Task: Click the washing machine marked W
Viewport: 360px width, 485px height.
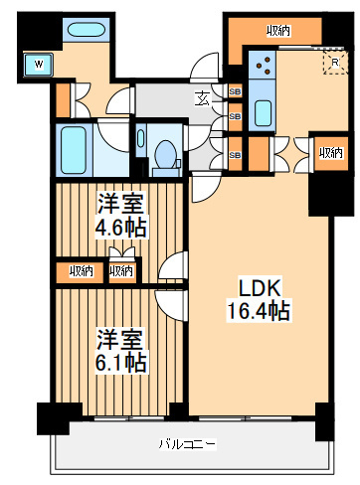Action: point(39,64)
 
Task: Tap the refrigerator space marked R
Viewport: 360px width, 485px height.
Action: point(335,62)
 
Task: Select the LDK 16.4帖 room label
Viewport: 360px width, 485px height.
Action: point(260,300)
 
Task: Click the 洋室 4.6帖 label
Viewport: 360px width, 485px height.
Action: point(120,216)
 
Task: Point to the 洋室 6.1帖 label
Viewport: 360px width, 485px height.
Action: point(120,351)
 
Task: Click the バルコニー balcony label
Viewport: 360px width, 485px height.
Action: point(188,443)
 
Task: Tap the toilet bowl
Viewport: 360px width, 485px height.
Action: point(166,154)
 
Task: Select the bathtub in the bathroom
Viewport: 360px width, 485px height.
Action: point(74,150)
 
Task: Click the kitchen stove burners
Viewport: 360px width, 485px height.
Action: point(262,65)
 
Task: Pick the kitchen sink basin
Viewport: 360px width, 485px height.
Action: point(264,113)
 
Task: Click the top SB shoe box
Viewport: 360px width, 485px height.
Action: point(235,91)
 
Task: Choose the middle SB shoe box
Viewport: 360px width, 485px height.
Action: point(235,117)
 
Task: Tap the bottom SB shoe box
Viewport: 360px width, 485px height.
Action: point(235,154)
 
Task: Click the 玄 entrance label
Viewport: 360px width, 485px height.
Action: point(203,98)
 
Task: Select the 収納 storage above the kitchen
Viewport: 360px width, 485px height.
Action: point(278,31)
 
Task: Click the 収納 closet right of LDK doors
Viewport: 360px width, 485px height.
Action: point(331,153)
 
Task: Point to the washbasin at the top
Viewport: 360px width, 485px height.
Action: point(87,30)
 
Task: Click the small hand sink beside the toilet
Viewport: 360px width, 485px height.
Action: point(141,138)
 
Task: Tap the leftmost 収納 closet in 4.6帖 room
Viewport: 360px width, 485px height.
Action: point(81,271)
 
